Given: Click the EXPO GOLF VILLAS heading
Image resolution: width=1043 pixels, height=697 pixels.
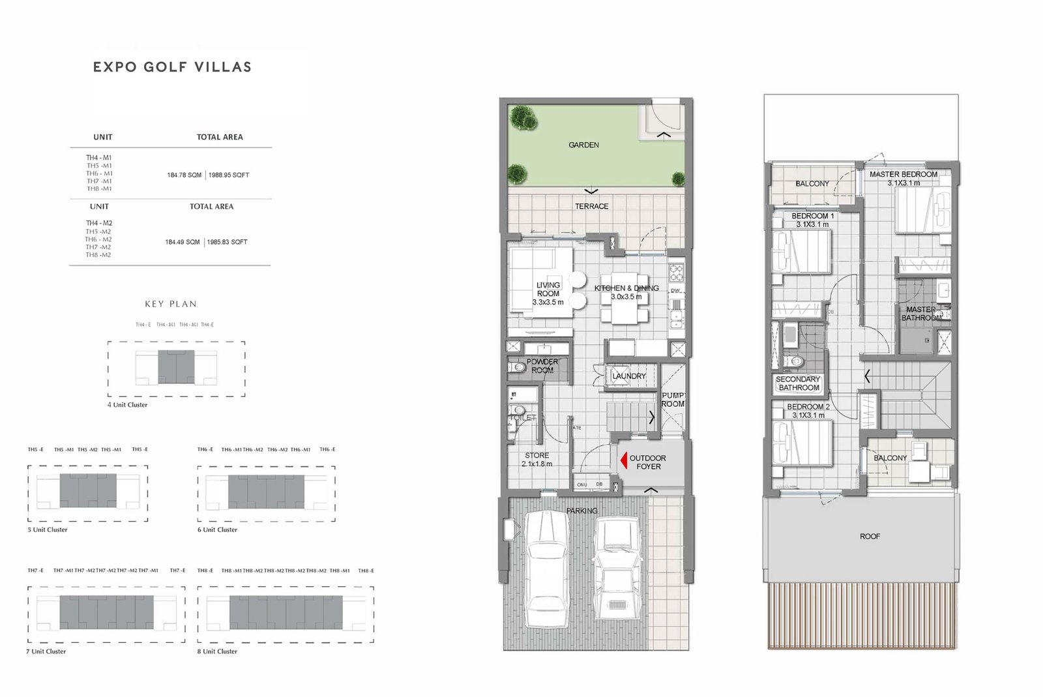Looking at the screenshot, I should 172,67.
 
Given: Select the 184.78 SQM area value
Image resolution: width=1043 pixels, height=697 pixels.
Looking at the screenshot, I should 184,175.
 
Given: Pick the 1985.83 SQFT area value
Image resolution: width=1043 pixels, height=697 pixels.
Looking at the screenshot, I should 228,242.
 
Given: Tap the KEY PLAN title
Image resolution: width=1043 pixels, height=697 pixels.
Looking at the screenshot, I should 171,304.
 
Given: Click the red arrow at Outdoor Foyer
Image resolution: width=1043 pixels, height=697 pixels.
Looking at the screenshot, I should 624,460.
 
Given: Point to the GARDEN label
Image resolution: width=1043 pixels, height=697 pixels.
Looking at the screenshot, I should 583,145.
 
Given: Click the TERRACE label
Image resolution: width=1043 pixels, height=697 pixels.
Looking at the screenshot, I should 591,206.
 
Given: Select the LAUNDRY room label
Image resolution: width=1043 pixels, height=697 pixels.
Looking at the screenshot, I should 628,376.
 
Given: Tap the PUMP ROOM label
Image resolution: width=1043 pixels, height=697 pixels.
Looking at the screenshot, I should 673,400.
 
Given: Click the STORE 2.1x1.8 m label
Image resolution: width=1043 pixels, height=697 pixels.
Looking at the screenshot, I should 536,460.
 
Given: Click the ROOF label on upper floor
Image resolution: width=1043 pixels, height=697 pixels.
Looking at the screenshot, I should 870,537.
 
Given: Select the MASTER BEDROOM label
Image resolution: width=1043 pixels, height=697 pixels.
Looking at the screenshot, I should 903,178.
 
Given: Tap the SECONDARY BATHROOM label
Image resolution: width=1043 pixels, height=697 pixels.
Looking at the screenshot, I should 798,383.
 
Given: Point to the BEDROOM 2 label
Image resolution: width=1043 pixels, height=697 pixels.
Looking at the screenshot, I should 808,411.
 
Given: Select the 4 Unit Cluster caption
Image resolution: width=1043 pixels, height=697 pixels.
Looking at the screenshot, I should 127,405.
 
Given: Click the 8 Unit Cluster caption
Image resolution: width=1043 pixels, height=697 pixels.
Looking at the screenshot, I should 217,651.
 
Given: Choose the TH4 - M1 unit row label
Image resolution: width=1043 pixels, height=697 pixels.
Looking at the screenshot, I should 99,158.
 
